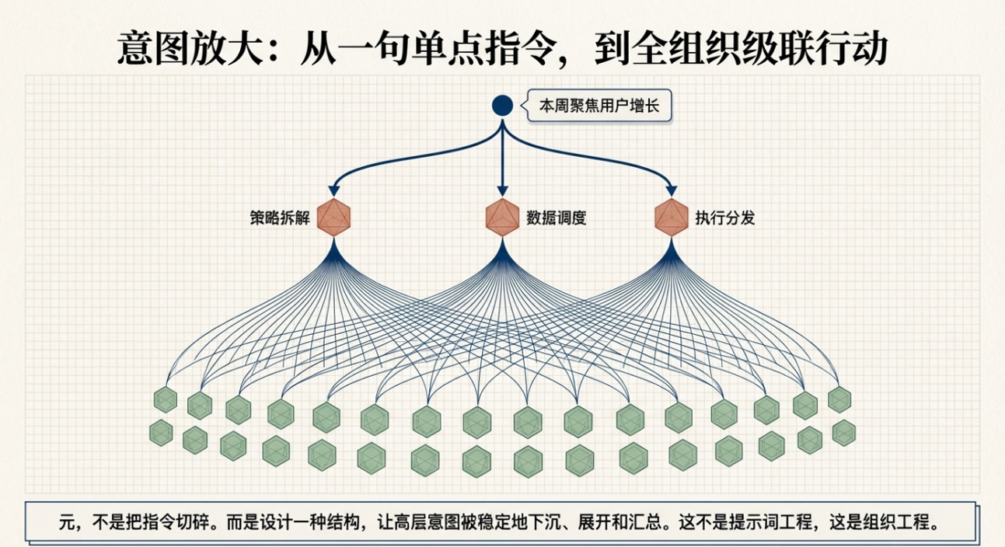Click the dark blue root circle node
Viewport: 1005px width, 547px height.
click(x=502, y=106)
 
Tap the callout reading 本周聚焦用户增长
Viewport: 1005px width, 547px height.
click(x=599, y=106)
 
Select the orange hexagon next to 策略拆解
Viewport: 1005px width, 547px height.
click(x=333, y=218)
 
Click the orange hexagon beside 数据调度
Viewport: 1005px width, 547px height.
click(x=502, y=218)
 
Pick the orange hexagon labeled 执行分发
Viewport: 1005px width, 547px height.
click(x=672, y=218)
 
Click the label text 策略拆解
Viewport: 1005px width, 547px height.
click(x=280, y=218)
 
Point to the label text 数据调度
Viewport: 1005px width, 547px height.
click(x=557, y=218)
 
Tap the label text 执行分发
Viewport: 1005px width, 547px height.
click(x=725, y=218)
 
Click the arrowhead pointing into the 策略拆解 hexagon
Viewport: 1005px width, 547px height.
click(x=333, y=191)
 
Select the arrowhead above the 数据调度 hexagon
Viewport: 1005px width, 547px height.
click(x=502, y=191)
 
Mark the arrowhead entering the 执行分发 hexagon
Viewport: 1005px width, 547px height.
click(x=672, y=191)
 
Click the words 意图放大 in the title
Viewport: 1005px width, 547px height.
click(x=190, y=48)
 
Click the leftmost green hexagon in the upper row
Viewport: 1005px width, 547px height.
click(x=166, y=399)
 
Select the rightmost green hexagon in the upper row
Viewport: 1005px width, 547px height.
click(x=839, y=399)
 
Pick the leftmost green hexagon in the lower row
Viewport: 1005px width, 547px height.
click(x=161, y=433)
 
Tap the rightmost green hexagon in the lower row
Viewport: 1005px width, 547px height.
click(x=844, y=433)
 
